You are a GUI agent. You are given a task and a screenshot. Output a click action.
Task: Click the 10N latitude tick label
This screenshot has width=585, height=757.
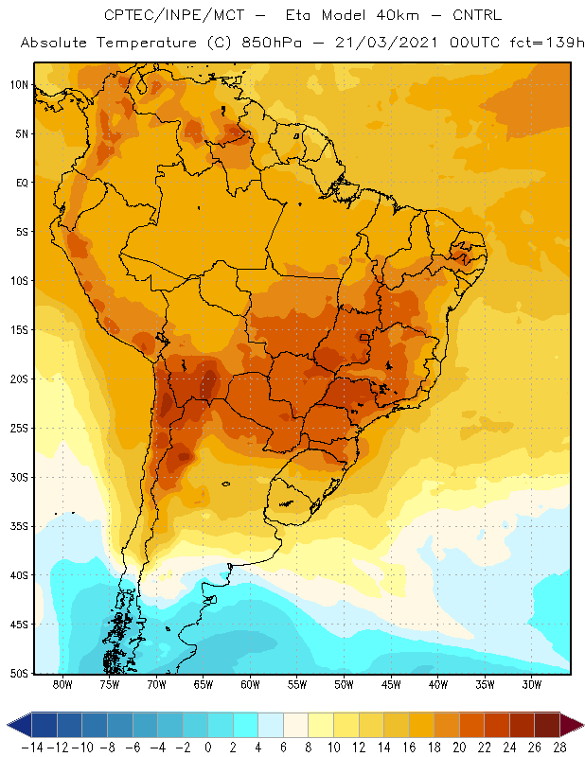coord(19,85)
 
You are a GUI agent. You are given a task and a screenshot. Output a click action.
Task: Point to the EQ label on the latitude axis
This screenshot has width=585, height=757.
coord(22,183)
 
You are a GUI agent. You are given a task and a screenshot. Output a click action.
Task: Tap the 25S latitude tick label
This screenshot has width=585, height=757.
coord(19,429)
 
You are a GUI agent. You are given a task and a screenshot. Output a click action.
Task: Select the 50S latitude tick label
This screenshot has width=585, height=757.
coord(19,674)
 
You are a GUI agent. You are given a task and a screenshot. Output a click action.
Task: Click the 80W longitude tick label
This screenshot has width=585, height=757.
coord(62,684)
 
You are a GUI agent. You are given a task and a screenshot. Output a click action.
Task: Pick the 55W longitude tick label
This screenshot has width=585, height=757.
coord(297,684)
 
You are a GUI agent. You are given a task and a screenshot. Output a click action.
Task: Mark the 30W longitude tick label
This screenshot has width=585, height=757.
coord(532,684)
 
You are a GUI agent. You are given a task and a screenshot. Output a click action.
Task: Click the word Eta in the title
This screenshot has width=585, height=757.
coord(298,15)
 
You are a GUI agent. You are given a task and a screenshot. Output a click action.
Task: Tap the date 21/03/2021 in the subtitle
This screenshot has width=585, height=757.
coord(386,43)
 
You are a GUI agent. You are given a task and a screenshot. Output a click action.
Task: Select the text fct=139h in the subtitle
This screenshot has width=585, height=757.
coord(546,43)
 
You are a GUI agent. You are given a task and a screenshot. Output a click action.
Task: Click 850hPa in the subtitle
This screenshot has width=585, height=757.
coord(272,43)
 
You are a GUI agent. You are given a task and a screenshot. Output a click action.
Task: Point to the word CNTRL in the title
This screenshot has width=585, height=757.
coord(477,15)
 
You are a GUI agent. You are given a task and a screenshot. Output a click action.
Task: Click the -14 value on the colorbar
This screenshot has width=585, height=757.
coord(32,748)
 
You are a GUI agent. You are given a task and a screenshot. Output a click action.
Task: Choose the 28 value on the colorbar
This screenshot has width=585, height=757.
coord(559,748)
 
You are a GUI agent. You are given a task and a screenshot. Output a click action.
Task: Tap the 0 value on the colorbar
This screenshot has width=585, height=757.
coord(208,748)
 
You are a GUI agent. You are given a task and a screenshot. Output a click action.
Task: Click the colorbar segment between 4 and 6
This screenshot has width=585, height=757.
coord(271,725)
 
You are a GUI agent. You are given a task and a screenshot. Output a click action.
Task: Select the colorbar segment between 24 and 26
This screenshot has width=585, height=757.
coord(522,725)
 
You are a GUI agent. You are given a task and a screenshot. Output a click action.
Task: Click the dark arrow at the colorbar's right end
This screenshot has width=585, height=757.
coord(571,725)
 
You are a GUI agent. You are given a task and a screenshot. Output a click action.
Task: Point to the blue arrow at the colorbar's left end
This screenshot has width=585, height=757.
coord(20,725)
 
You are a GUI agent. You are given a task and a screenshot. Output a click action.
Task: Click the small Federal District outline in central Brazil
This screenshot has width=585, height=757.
coord(364,337)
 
